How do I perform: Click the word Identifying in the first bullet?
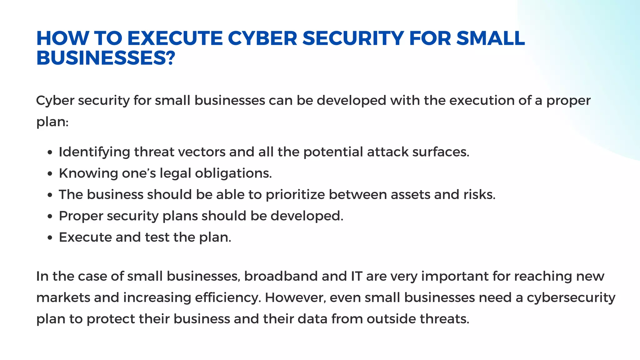tap(94, 152)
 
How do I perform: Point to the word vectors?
tap(202, 152)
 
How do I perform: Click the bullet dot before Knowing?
tap(50, 174)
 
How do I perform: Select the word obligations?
tap(233, 173)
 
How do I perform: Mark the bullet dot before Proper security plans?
tap(50, 217)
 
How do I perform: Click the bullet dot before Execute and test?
tap(50, 238)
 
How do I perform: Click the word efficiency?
tap(228, 298)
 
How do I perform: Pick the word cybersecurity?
tap(571, 298)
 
